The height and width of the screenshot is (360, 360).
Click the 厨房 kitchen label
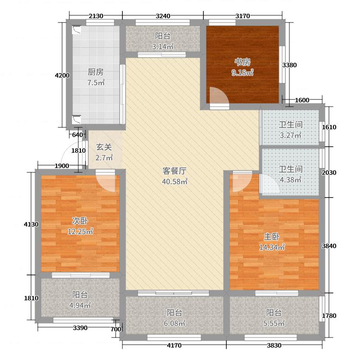(96, 72)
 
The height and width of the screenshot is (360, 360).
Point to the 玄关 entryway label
(103, 147)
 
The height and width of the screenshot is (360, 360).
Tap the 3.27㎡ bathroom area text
(290, 135)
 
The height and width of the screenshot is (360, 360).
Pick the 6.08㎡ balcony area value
(175, 323)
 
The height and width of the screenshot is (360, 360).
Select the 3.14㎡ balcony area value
(162, 46)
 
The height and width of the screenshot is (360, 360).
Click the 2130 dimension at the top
(96, 16)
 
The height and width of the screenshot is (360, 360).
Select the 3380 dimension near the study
(289, 65)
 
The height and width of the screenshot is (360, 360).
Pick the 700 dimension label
(116, 330)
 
